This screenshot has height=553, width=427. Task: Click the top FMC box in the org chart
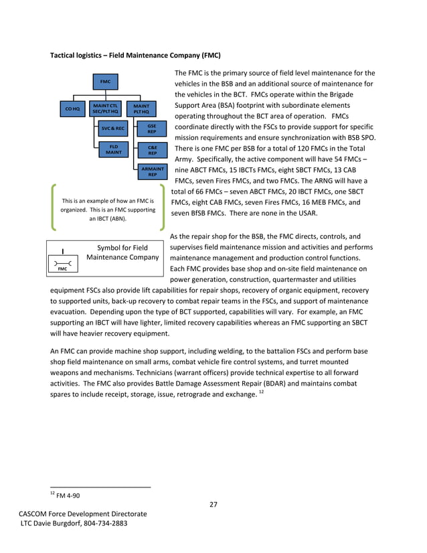point(105,82)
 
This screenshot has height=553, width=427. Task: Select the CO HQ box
point(72,108)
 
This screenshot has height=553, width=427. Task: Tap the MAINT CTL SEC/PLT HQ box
point(105,108)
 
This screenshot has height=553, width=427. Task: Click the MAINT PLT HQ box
point(141,108)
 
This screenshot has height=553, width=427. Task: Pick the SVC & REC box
point(113,128)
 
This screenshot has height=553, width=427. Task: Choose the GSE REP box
point(152,128)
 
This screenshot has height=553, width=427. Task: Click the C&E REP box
point(152,150)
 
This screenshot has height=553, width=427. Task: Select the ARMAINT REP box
point(152,171)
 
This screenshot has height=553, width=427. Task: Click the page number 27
point(213,504)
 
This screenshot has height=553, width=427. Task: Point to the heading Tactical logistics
point(85,54)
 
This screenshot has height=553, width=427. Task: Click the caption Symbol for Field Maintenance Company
point(122,252)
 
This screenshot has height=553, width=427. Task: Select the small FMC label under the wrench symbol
point(62,269)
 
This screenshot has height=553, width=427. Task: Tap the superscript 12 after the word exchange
point(261,391)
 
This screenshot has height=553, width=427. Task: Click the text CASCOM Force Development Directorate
point(82,513)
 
